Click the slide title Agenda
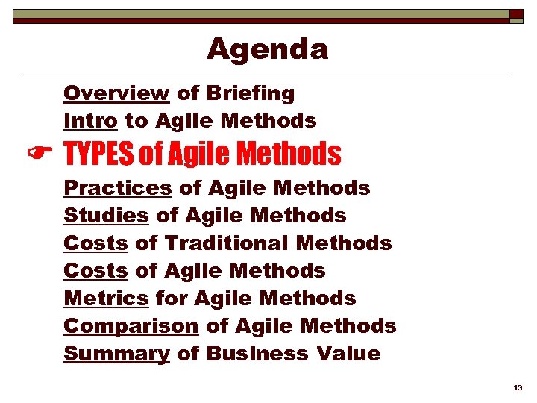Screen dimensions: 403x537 [x=267, y=49]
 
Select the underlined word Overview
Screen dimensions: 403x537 [x=116, y=93]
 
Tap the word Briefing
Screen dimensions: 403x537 [x=250, y=93]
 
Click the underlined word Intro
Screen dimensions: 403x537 [x=89, y=120]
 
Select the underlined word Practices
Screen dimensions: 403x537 [x=118, y=187]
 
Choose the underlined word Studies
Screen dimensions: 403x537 [x=106, y=216]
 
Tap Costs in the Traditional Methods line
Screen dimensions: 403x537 [x=95, y=243]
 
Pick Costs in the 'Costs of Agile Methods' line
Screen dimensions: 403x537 [x=95, y=271]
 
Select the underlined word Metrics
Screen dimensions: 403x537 [x=106, y=299]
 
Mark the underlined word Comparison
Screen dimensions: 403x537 [x=131, y=326]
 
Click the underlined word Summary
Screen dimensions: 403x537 [x=116, y=354]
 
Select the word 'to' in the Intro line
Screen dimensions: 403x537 [x=136, y=120]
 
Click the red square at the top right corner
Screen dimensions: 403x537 [x=515, y=14]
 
